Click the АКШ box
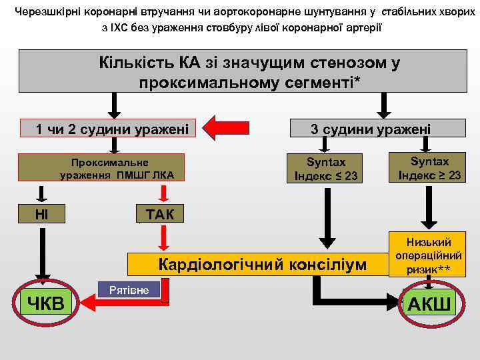(x=429, y=304)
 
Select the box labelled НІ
(x=41, y=213)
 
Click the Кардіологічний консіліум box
(x=261, y=264)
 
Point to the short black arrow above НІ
(x=41, y=194)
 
